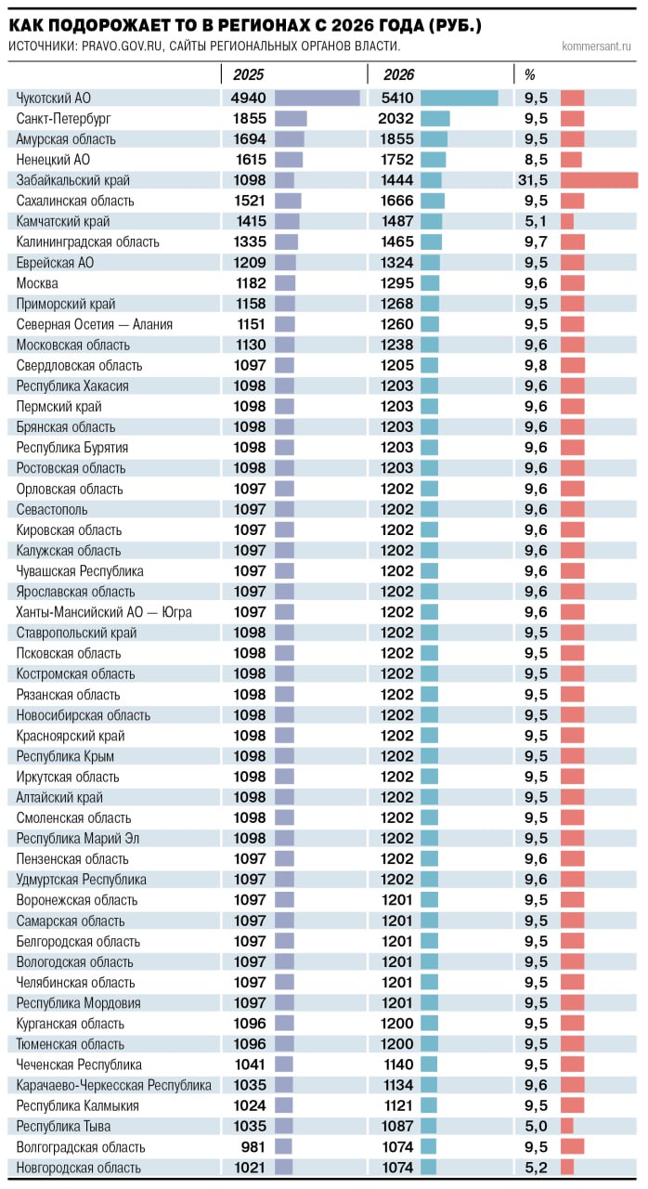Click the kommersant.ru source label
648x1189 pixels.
[x=596, y=46]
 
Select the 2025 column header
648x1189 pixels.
[x=248, y=75]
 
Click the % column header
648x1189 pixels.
[x=530, y=75]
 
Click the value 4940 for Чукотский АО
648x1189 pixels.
[x=248, y=98]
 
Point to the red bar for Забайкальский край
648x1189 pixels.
[x=599, y=180]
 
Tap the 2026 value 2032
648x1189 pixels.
[x=395, y=119]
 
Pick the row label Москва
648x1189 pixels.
[x=37, y=283]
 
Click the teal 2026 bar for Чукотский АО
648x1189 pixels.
[x=459, y=98]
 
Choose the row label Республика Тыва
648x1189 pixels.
[x=64, y=1127]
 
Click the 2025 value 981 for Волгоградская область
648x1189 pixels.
[x=253, y=1147]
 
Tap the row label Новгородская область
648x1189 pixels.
[x=79, y=1168]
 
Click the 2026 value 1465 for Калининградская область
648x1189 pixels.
[x=395, y=242]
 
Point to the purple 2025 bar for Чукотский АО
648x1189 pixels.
[x=317, y=98]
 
